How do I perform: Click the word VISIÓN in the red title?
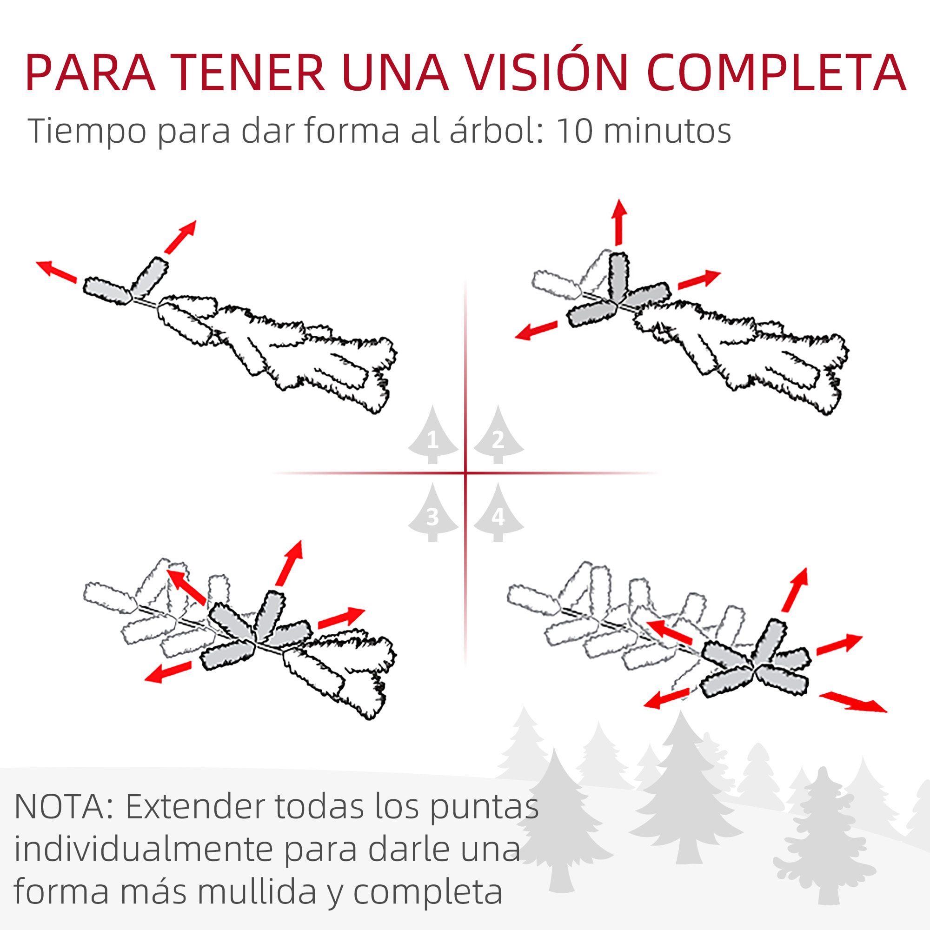click(547, 72)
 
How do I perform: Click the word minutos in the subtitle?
click(667, 131)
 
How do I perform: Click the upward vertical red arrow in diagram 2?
click(619, 222)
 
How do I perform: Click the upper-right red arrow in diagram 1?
click(180, 237)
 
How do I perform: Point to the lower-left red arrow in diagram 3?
click(168, 672)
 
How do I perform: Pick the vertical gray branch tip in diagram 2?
click(618, 276)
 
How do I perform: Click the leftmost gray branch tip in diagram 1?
click(107, 291)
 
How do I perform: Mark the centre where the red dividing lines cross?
click(465, 473)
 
